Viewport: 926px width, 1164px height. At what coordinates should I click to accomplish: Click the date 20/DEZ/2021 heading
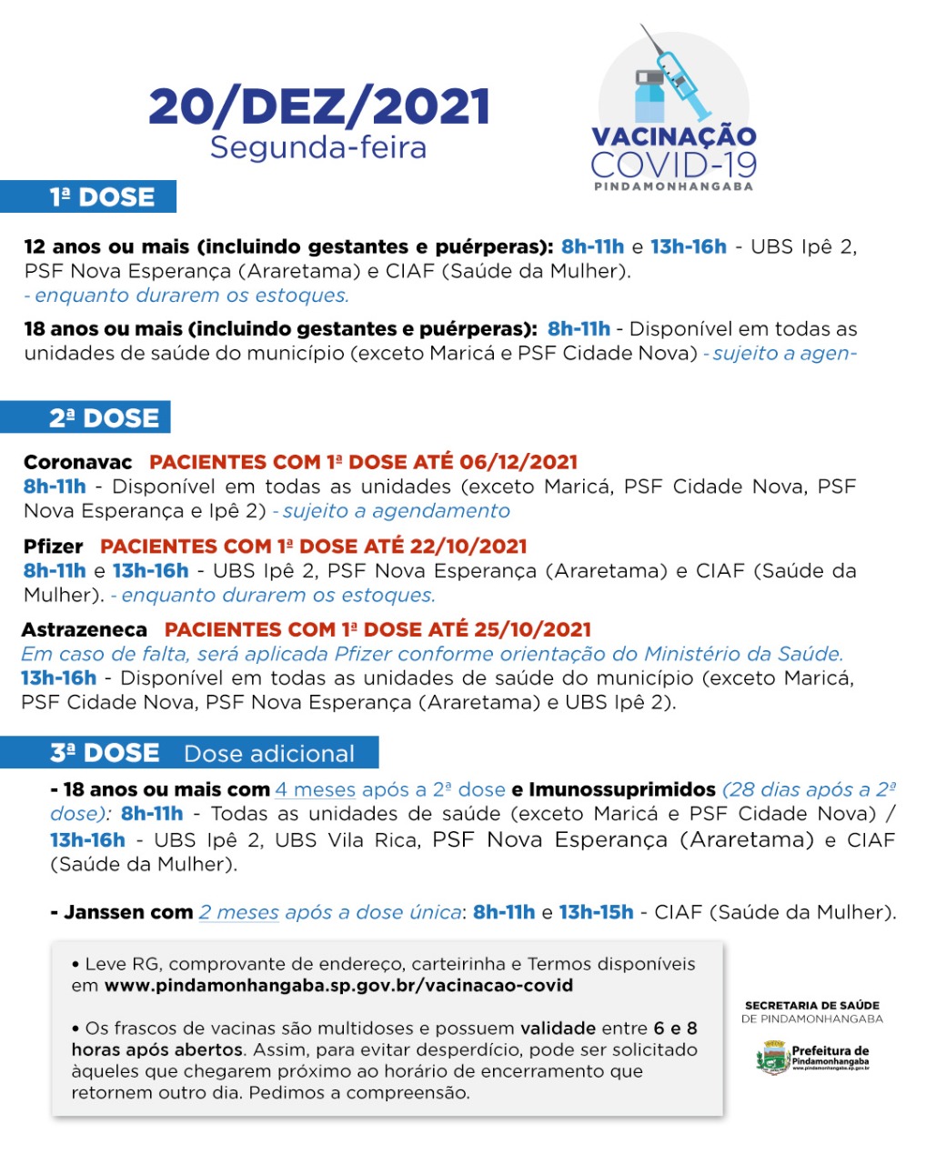pos(319,107)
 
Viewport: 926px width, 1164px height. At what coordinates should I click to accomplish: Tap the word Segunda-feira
pos(318,147)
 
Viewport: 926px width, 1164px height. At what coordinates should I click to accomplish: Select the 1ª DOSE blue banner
pos(89,197)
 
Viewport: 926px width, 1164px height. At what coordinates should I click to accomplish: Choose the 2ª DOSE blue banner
pos(86,417)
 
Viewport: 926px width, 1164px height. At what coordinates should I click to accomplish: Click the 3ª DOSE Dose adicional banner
pos(189,753)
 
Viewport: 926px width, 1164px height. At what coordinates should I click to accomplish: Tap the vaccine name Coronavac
pos(77,462)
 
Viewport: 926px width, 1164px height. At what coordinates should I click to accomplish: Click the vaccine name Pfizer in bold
pos(54,547)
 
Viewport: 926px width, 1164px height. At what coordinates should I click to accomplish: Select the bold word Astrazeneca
pos(84,629)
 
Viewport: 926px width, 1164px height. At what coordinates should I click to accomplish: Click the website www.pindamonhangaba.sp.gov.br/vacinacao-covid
pos(338,986)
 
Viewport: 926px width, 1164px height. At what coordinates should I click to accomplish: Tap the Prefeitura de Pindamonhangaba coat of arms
pos(771,1059)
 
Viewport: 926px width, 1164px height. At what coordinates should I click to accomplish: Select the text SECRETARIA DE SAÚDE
pos(812,1006)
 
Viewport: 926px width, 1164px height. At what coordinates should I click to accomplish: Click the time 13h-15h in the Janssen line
pos(596,912)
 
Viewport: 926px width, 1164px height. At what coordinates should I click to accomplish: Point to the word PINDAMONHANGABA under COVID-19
pos(673,186)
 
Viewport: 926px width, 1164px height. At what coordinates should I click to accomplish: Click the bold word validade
pos(558,1029)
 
